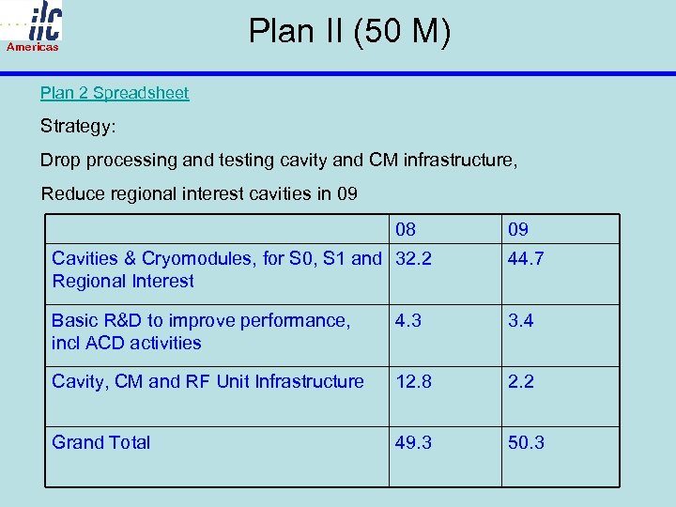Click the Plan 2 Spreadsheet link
[115, 93]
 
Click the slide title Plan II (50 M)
[349, 32]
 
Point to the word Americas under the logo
[33, 47]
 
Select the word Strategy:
[78, 126]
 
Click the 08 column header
[406, 229]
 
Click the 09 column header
[518, 229]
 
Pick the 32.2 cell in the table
[413, 259]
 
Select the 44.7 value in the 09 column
[526, 259]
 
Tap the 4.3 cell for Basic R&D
[408, 321]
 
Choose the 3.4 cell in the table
[521, 321]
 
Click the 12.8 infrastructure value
[413, 381]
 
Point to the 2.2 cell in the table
[521, 381]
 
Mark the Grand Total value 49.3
[413, 442]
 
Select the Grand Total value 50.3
[526, 442]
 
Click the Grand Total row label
[101, 442]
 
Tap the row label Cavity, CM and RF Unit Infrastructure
[207, 381]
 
